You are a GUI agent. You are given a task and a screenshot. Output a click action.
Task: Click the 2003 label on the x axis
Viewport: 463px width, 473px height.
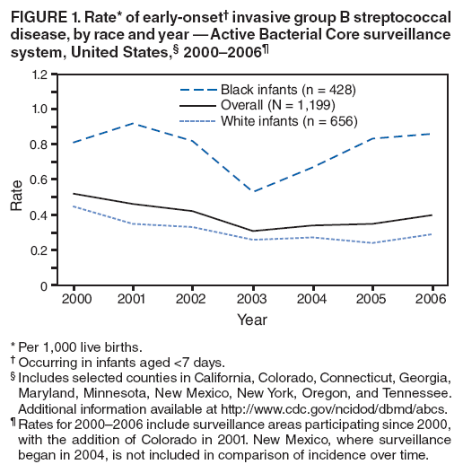[x=254, y=298]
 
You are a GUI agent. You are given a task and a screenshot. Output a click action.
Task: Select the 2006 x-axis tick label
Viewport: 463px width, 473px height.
[x=432, y=298]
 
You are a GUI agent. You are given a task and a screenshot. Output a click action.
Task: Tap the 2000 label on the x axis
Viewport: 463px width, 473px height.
[x=76, y=298]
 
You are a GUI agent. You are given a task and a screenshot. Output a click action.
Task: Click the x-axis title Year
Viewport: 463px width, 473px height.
[x=253, y=318]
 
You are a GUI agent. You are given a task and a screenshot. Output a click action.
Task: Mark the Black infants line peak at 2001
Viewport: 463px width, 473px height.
[x=135, y=123]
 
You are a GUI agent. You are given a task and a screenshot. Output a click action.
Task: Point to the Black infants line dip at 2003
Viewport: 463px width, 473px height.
[x=254, y=191]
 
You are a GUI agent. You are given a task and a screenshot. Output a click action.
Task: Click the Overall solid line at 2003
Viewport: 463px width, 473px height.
[x=254, y=231]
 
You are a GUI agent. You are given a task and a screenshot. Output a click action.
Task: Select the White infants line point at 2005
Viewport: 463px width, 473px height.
[x=372, y=243]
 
